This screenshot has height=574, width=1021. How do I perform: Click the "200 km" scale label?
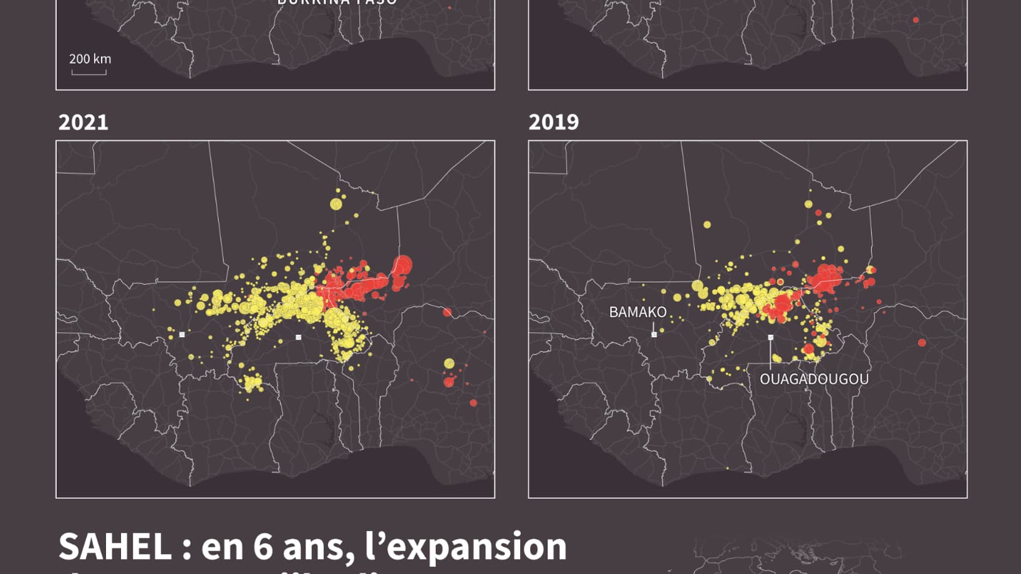coord(90,59)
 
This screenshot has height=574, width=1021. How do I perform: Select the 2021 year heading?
coord(84,122)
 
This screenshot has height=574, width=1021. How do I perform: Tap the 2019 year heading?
coord(554,122)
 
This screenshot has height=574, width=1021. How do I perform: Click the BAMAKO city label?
coord(637,312)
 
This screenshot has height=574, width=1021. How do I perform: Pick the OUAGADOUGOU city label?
coord(814,379)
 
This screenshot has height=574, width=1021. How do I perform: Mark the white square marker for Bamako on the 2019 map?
coord(654,335)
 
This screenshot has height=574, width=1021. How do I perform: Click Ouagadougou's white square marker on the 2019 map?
coord(771,338)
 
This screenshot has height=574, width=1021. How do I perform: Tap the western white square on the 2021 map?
coord(182,335)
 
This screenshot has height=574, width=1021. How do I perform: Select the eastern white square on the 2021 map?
coord(299,337)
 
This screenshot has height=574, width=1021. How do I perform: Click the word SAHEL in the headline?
coord(115,547)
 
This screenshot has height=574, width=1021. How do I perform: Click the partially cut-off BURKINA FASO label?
coord(337,2)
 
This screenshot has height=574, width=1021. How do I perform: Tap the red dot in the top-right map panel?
coord(916,20)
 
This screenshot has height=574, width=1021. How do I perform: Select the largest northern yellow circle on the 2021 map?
coord(336,204)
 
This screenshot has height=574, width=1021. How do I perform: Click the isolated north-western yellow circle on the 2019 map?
coord(707,224)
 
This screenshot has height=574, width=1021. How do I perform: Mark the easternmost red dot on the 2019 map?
coord(922,343)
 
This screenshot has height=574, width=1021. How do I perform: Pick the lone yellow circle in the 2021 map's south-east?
coord(449,363)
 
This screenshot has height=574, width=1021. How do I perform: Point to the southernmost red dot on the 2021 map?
coord(473,403)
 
